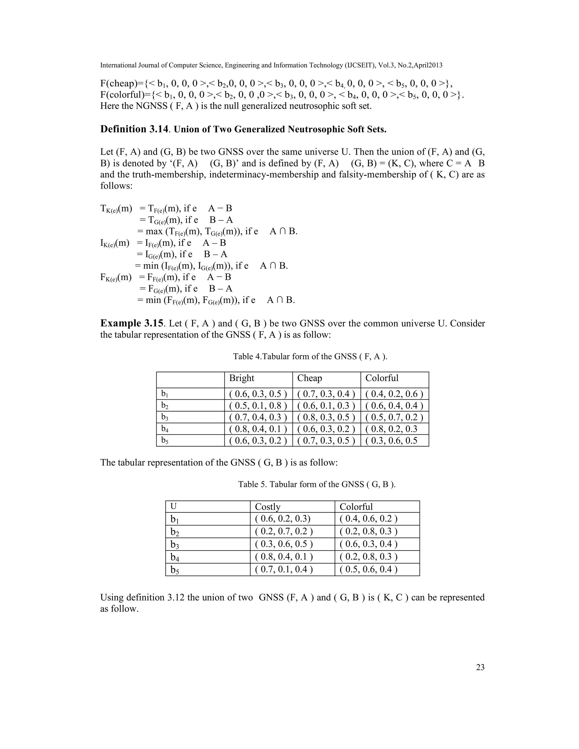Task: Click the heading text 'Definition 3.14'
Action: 134,129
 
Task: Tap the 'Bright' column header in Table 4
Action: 241,378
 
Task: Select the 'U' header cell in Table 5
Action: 174,506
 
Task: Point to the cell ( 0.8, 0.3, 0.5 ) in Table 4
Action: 326,417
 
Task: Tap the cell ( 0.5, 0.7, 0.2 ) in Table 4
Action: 394,417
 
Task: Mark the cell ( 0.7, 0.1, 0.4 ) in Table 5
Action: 284,569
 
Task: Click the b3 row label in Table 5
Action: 175,545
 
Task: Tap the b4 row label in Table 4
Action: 165,429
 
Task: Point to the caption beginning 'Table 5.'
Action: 317,484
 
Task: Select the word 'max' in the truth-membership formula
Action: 154,231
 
